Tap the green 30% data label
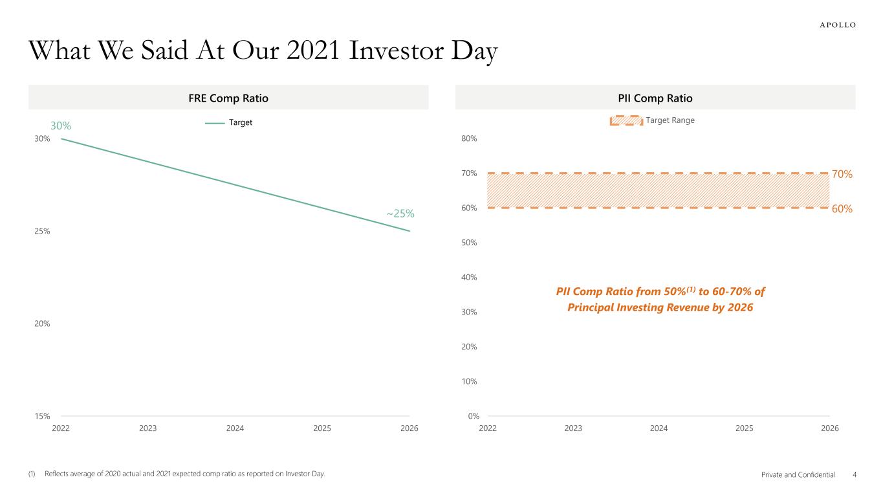(x=61, y=126)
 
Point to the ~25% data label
(x=400, y=214)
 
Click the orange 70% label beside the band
(x=842, y=174)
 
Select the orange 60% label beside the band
(x=842, y=209)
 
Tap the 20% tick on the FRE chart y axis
(x=43, y=324)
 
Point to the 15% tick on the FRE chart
(x=43, y=416)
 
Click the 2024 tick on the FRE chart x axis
(x=235, y=428)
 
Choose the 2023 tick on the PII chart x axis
(x=573, y=428)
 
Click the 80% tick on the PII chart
(x=469, y=138)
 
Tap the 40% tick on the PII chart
(x=469, y=278)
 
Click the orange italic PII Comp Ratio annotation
(x=660, y=300)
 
